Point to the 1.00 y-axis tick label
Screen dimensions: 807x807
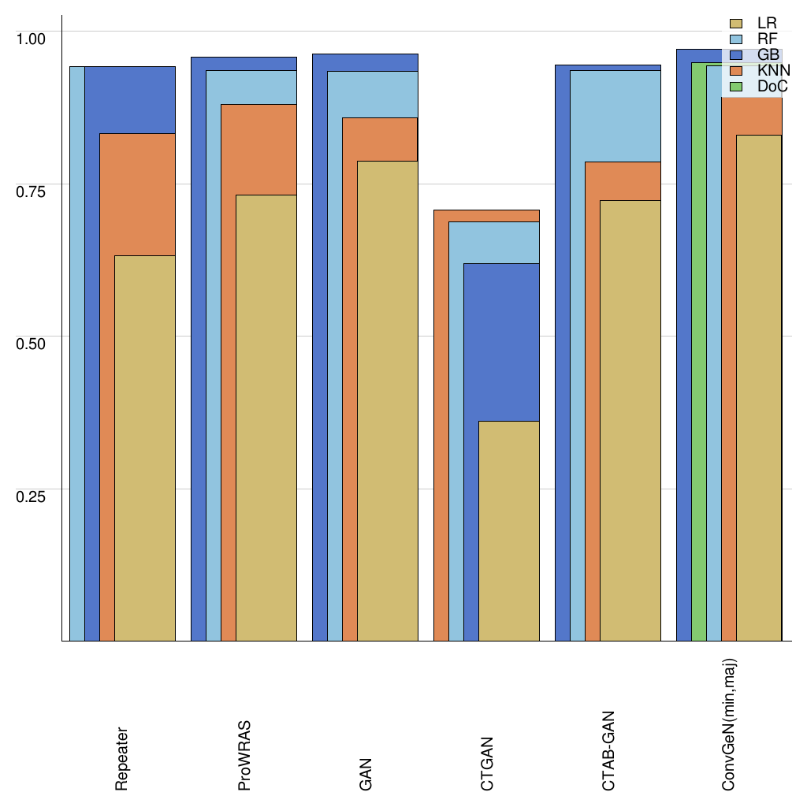[32, 37]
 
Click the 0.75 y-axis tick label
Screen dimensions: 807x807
[32, 190]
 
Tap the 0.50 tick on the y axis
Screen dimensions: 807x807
[32, 343]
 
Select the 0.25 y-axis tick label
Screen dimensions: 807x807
[32, 496]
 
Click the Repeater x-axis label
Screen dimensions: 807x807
[122, 759]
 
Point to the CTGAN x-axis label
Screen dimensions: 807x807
[486, 763]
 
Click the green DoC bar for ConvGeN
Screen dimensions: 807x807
[698, 355]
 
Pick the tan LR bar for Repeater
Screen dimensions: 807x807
[145, 449]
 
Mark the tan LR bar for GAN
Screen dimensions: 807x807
[388, 402]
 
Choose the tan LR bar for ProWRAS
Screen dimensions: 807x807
[266, 418]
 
